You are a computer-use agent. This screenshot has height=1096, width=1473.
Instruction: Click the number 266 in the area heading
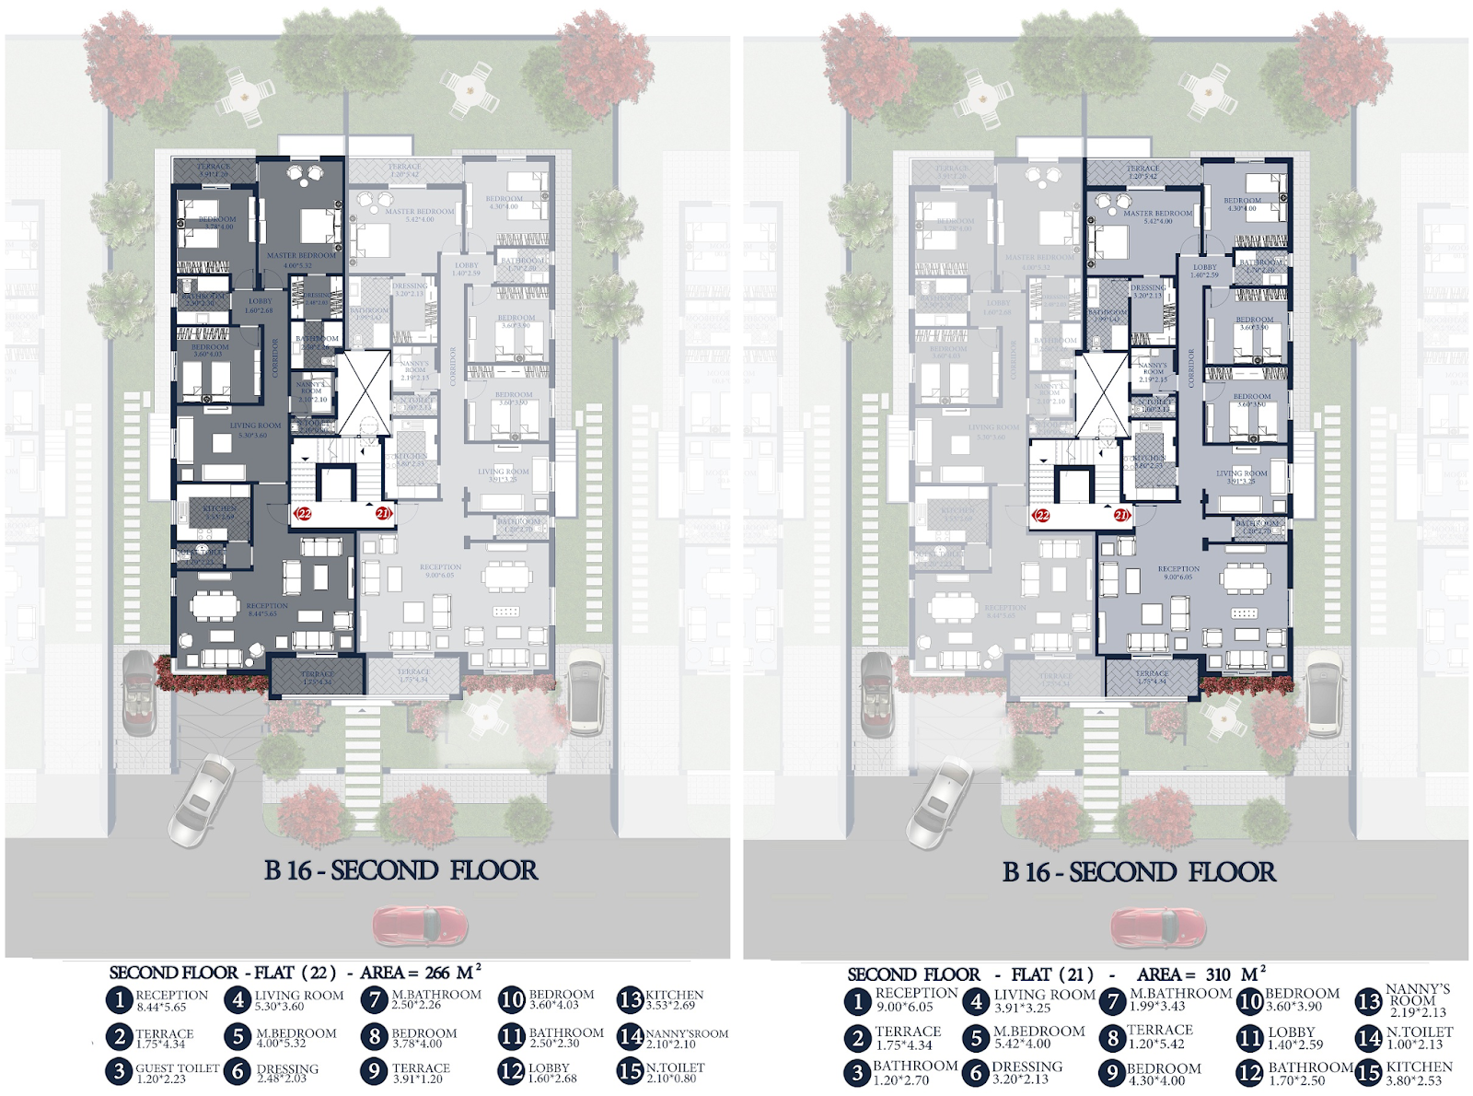[437, 973]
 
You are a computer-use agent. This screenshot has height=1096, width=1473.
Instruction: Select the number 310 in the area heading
[1216, 974]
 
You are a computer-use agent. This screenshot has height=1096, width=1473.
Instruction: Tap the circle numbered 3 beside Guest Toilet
[119, 1072]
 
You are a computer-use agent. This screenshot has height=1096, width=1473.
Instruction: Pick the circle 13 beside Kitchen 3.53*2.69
[630, 999]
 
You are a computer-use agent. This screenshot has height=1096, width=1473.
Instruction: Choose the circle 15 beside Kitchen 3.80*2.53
[1369, 1072]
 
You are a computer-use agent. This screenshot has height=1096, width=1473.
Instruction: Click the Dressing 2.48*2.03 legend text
[287, 1073]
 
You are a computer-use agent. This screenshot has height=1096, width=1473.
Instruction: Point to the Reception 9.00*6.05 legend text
[916, 999]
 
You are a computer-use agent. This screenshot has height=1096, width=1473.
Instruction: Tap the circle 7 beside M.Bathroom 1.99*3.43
[1113, 1000]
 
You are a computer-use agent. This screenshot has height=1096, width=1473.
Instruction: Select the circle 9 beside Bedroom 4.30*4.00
[1113, 1073]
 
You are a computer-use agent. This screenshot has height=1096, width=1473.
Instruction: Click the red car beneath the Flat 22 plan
[420, 925]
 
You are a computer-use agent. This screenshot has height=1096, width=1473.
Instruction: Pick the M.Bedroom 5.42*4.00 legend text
[1038, 1037]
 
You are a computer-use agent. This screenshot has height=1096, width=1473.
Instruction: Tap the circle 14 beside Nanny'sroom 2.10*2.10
[630, 1036]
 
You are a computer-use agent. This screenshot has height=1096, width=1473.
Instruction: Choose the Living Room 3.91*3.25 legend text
[1044, 1001]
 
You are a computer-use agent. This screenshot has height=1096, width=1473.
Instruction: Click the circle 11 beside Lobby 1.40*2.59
[1249, 1038]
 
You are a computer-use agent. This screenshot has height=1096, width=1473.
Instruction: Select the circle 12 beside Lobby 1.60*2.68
[511, 1072]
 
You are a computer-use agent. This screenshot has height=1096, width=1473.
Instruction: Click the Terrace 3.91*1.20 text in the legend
[421, 1073]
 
